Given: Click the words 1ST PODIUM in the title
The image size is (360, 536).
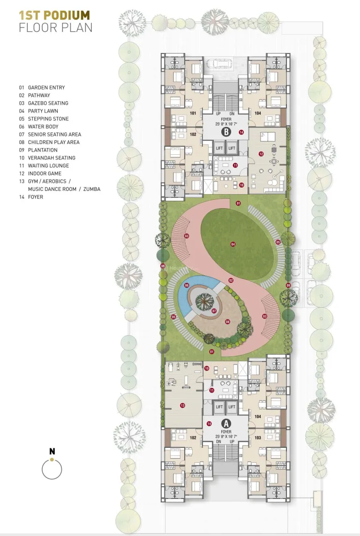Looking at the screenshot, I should coord(54,15).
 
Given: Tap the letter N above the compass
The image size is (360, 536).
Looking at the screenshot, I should coord(52,452).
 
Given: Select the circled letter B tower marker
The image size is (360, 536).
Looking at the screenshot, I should coord(226,132).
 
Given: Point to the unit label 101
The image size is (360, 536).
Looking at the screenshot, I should coord(192,113).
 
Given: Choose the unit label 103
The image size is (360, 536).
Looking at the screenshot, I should coord(257,437).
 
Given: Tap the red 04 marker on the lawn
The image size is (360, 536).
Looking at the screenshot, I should coord(232,244).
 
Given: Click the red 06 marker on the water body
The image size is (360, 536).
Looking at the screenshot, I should coord(187,285).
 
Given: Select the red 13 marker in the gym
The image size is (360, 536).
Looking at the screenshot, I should coord(182,405).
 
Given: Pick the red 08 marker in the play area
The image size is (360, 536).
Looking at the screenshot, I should coord(227,322).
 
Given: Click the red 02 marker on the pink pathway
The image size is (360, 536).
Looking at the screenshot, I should coord(231,280).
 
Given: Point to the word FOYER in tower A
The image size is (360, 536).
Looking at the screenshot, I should coord(226,431).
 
